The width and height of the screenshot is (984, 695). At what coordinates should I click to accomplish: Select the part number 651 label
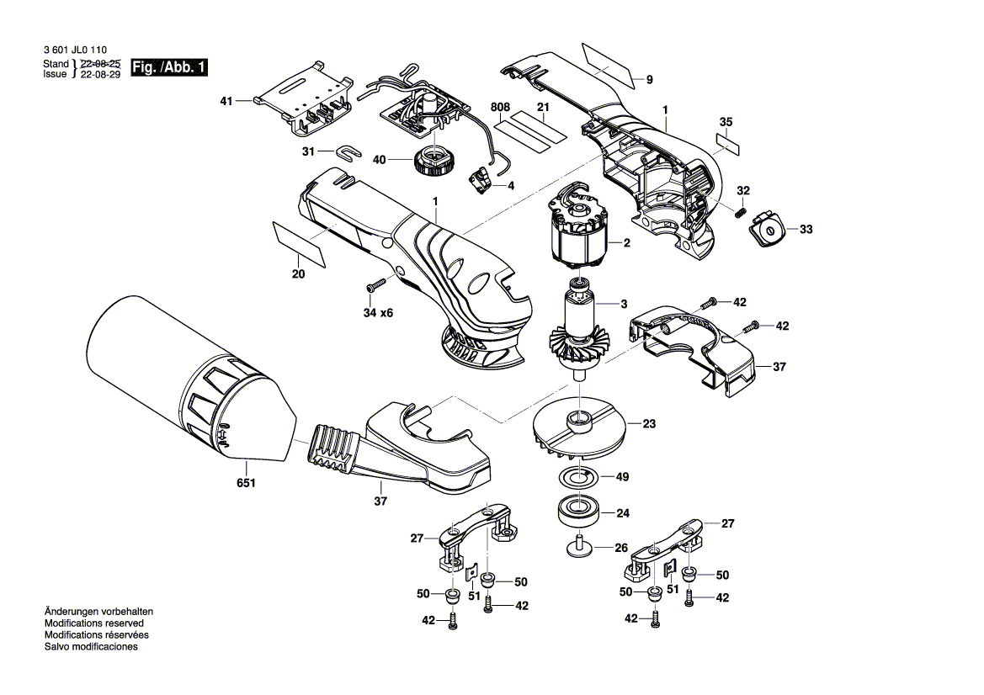pos(246,484)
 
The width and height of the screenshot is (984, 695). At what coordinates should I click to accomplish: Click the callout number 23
pos(649,424)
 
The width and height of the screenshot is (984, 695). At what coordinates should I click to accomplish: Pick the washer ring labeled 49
pos(579,477)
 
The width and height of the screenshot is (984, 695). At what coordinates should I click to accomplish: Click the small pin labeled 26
pos(579,545)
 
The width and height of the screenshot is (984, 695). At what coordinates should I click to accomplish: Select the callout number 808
pos(501,108)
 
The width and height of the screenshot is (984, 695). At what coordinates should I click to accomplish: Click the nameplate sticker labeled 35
pos(728,142)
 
